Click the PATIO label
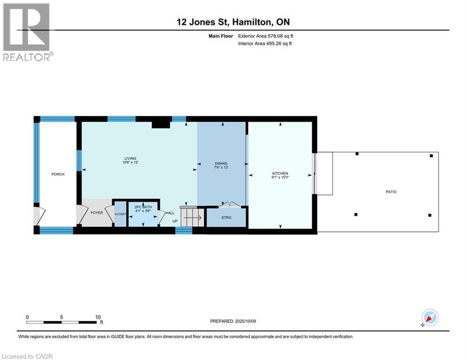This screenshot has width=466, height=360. [x=391, y=192]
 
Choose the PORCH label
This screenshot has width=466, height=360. [x=58, y=174]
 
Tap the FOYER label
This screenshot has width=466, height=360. [x=96, y=212]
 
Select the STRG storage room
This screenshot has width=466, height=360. [x=226, y=217]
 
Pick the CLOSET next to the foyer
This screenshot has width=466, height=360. [x=120, y=214]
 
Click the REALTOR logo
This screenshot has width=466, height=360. [x=27, y=32]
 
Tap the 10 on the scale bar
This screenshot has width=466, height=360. [x=98, y=317]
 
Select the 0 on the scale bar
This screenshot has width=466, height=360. [x=27, y=317]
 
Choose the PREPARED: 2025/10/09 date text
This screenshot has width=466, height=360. [x=239, y=321]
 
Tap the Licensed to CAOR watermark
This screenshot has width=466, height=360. [x=28, y=356]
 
